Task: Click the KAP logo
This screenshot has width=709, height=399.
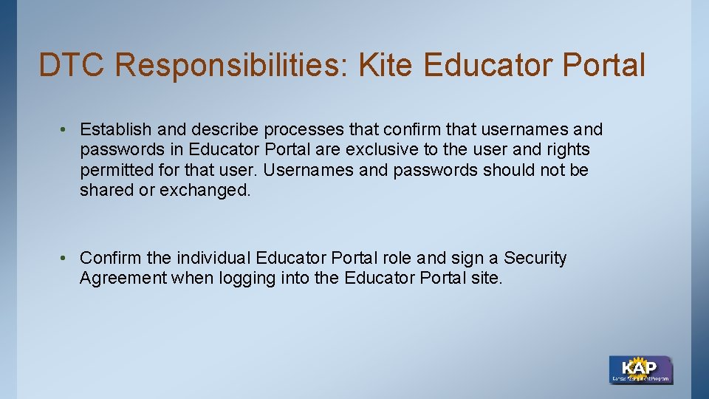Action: pos(640,369)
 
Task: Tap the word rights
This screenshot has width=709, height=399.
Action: pos(567,150)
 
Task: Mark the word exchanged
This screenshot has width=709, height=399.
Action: pos(205,190)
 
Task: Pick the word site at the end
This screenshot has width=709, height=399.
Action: pos(487,279)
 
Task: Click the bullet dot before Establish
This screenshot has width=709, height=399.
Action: pos(65,130)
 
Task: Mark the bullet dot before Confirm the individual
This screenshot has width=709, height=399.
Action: pos(65,259)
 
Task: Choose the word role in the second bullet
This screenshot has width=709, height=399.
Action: pos(397,259)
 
